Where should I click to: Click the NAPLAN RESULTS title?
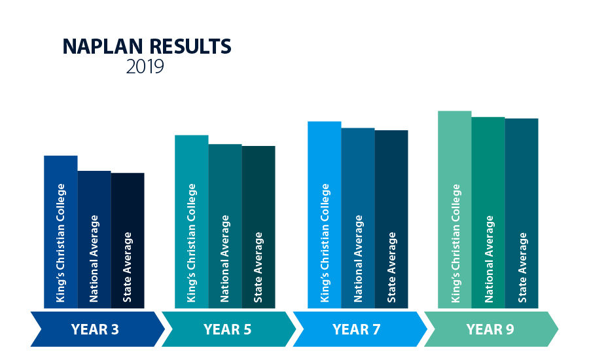click(x=147, y=47)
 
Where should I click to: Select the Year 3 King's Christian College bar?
click(x=61, y=232)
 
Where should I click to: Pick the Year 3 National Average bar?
click(x=94, y=240)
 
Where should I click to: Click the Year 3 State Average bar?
click(x=128, y=240)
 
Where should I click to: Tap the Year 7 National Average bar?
click(x=358, y=218)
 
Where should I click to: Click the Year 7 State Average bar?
click(x=391, y=219)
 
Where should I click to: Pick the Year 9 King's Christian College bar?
click(x=455, y=209)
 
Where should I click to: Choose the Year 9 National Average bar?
click(x=488, y=212)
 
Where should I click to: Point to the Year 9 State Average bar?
click(x=522, y=213)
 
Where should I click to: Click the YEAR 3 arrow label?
click(x=96, y=329)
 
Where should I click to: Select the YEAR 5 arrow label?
click(x=227, y=329)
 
